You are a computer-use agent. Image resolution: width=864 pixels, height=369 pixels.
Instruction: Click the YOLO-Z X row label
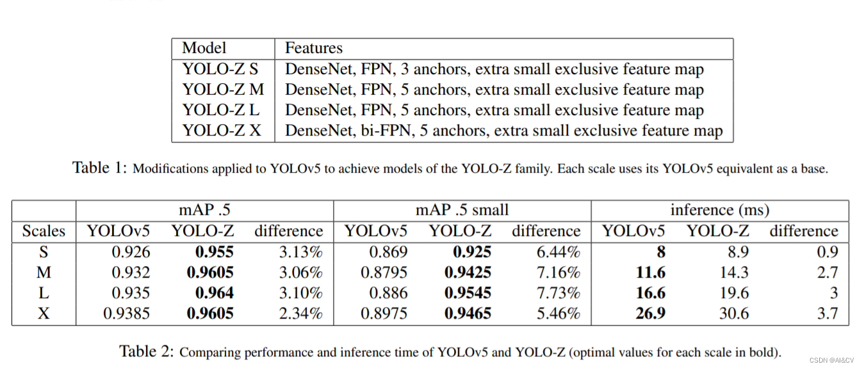coord(222,131)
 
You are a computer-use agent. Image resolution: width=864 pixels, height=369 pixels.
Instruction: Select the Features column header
coord(313,48)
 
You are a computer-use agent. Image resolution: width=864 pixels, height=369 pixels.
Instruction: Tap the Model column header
coord(204,48)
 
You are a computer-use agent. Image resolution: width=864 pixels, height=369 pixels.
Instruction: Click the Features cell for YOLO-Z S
coord(494,69)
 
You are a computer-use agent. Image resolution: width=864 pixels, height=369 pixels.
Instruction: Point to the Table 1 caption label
coord(100,168)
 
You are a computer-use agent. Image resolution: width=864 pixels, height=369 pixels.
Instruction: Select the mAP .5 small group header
coord(462,210)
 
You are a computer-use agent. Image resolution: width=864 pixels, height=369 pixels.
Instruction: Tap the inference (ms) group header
coord(719,210)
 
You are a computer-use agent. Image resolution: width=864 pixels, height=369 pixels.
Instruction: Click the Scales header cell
coord(44,231)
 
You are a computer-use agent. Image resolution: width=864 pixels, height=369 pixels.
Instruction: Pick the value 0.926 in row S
coord(131,252)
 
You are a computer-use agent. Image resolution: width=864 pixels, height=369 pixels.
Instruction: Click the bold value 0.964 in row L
coord(214,294)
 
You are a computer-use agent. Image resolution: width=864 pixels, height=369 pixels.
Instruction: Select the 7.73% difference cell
coord(558,294)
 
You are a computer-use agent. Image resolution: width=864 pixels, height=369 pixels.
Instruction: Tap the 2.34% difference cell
coord(300,314)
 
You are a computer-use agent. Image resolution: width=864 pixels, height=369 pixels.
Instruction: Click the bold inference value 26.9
coord(649,314)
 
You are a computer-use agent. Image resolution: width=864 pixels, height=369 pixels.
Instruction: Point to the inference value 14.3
coord(733,273)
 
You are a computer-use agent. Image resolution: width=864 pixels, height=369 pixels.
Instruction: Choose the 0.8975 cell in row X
coord(384,314)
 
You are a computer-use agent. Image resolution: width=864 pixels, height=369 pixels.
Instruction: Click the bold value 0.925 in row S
coord(472,252)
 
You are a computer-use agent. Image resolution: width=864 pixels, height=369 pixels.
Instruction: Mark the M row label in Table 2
coord(44,273)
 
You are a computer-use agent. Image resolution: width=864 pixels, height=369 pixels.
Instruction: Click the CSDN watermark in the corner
coord(831,361)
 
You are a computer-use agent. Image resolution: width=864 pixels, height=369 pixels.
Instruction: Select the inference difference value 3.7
coord(827,314)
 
